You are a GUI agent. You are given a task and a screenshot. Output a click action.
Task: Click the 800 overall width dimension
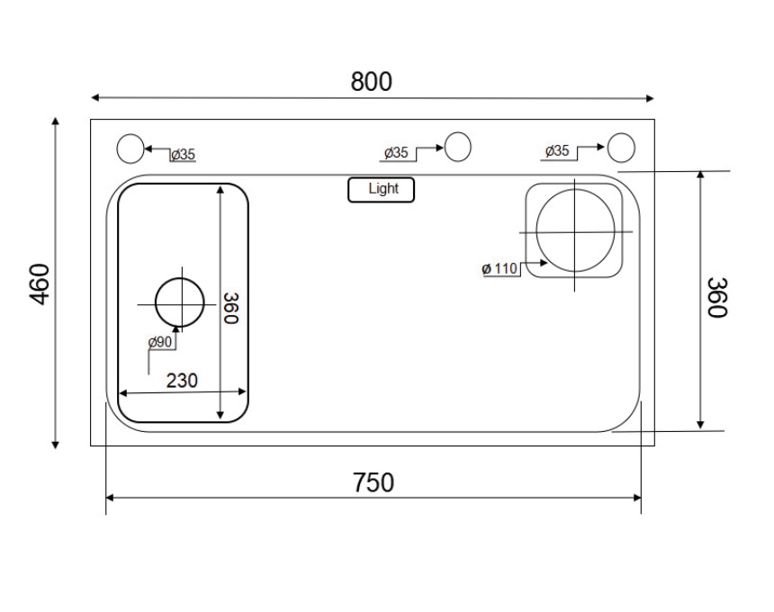coord(371,81)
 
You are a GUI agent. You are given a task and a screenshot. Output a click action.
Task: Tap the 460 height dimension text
coord(40,284)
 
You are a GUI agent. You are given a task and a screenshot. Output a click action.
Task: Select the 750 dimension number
coord(373,482)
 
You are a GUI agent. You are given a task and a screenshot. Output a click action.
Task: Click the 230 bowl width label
coord(182,381)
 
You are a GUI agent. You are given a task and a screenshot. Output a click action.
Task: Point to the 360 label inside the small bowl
coord(231,309)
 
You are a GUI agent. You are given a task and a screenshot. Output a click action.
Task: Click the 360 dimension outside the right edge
coord(717,298)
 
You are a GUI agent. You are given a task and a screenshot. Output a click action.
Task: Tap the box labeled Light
coord(381,190)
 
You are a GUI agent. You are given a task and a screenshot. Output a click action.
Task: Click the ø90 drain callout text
coord(160,341)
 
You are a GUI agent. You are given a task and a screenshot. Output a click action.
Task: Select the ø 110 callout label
coord(499,268)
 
